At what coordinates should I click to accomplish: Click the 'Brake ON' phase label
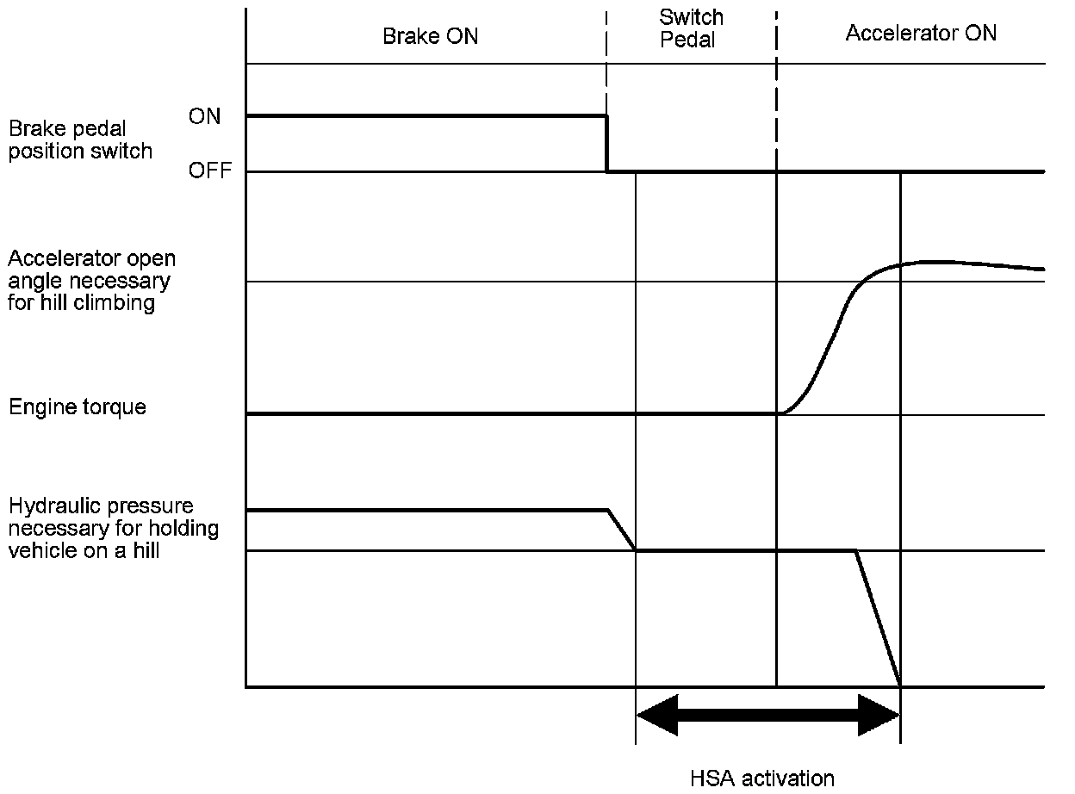click(430, 36)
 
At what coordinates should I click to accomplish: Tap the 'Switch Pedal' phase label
click(691, 28)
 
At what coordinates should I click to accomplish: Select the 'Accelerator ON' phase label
click(921, 34)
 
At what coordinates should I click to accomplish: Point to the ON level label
click(204, 116)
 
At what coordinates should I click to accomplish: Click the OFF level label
click(210, 171)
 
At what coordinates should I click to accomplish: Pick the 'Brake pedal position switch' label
click(80, 140)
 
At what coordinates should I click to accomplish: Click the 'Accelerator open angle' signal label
click(92, 281)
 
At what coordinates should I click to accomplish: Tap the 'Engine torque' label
click(78, 406)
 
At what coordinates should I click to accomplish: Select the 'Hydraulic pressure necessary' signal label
click(113, 528)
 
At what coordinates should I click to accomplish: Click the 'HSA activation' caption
click(762, 778)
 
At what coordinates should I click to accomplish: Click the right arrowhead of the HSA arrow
click(879, 715)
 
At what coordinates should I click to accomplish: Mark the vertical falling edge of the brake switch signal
click(607, 144)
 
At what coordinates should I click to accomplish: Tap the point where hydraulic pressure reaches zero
click(900, 685)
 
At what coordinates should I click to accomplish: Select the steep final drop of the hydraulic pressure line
click(878, 617)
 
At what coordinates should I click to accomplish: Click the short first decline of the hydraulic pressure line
click(622, 530)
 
